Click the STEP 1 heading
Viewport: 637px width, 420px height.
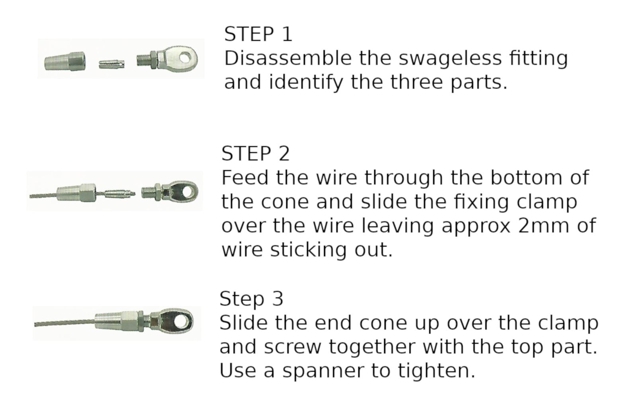point(258,34)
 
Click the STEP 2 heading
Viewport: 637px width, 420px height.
point(255,154)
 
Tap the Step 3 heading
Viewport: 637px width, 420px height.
point(251,299)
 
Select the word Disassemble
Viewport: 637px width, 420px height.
point(288,58)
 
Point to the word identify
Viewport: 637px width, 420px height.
point(306,83)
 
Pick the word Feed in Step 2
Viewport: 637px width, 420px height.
point(245,178)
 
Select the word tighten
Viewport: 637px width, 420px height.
point(436,371)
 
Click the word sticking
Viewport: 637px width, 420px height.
point(308,250)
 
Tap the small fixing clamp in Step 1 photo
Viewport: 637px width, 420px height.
point(111,64)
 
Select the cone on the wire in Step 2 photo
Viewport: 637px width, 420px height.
point(76,193)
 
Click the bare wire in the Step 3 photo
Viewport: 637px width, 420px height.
point(64,323)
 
